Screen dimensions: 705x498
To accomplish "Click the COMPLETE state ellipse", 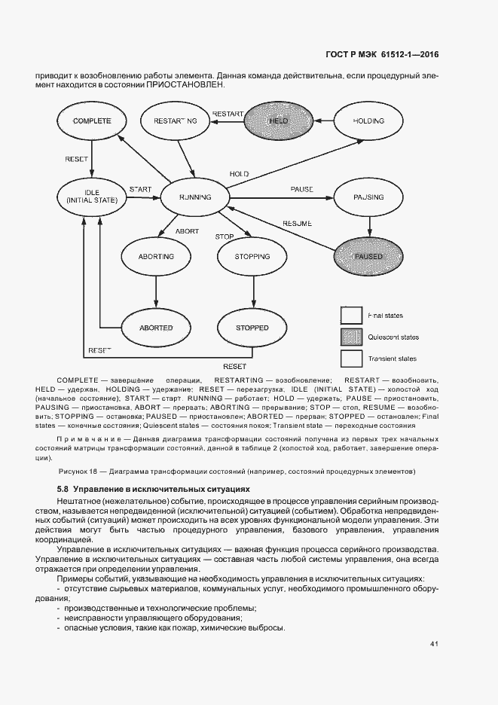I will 92,121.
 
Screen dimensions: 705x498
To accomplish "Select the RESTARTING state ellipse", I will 175,121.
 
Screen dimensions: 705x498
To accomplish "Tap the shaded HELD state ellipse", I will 279,121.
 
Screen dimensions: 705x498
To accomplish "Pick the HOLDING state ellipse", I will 368,121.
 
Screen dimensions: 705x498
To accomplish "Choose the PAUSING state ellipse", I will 368,197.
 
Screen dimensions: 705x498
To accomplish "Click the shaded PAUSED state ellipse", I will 368,257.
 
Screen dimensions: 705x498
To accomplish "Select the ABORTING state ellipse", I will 156,257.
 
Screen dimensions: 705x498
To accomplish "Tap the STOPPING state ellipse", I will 252,257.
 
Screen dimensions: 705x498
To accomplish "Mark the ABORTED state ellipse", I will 156,328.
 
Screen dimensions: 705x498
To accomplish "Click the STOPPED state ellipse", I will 252,328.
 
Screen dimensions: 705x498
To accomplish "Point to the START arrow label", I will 140,188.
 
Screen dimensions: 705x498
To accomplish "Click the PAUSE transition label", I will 301,188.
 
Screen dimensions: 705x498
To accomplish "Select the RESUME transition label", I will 297,224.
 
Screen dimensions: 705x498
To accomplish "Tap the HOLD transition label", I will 239,174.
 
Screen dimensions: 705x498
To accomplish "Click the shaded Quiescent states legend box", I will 352,336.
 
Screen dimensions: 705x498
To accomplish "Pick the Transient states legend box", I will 352,358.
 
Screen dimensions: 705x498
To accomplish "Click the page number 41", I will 434,644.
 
